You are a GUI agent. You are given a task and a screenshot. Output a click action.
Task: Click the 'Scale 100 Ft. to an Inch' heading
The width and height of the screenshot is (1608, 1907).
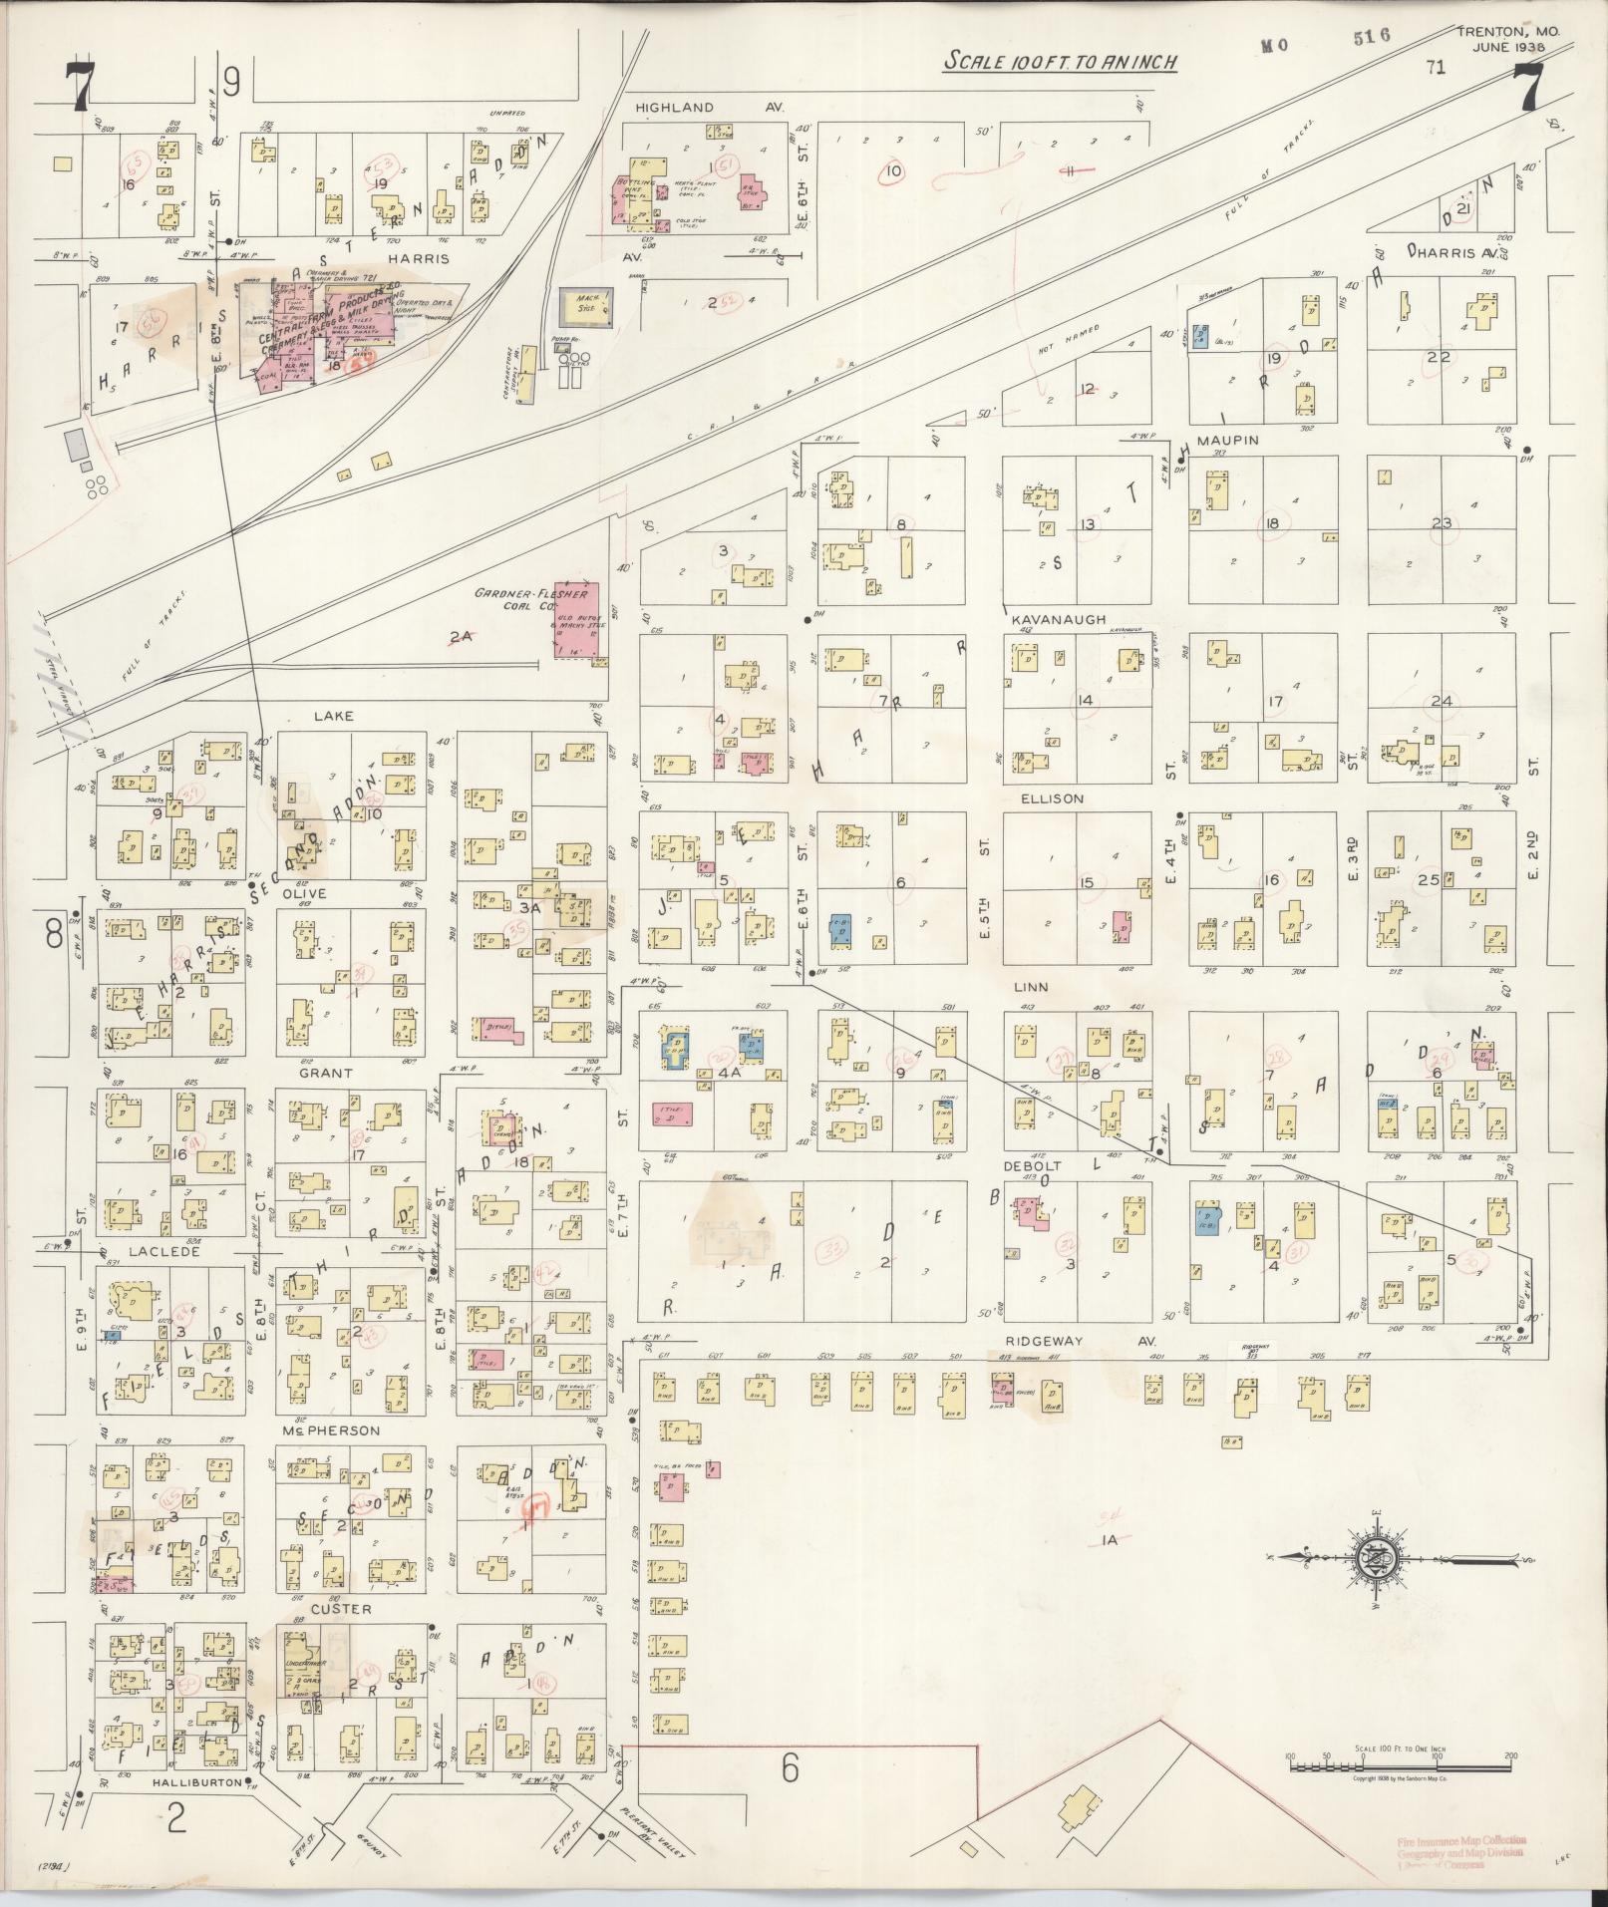click(x=1061, y=62)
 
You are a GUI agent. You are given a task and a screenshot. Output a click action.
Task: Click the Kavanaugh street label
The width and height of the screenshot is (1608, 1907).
click(x=1058, y=619)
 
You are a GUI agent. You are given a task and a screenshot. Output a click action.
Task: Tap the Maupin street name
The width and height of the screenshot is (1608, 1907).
click(x=1228, y=440)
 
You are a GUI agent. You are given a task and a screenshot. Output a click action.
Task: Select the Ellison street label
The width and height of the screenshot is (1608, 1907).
click(x=1051, y=798)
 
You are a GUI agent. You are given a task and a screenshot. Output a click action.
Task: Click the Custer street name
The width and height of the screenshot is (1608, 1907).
click(x=341, y=1610)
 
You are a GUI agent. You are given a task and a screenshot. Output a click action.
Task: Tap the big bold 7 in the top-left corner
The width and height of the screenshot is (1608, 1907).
click(x=79, y=88)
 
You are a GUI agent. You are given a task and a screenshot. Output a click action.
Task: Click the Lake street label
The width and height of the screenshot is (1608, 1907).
click(x=335, y=716)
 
